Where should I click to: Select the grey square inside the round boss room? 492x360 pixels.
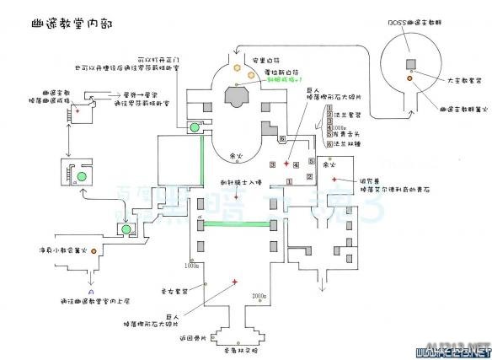(x=410, y=64)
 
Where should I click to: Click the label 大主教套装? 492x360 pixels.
(x=451, y=82)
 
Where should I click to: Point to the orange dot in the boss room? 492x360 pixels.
(x=410, y=78)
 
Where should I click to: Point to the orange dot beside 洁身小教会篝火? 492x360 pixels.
(x=95, y=250)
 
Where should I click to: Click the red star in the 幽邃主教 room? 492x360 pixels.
(x=78, y=109)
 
